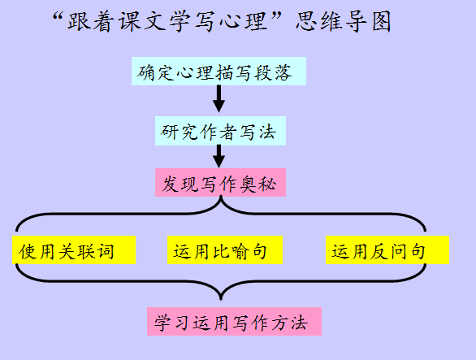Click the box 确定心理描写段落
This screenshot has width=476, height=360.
(219, 71)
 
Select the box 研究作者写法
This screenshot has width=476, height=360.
(220, 131)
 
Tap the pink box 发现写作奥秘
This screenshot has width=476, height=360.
(220, 182)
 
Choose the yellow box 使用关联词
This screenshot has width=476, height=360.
(74, 250)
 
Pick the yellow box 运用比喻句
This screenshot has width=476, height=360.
(225, 250)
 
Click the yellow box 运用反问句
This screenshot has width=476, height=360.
(387, 250)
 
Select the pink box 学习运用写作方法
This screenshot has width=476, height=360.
(235, 322)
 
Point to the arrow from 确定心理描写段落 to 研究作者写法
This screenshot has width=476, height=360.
(219, 98)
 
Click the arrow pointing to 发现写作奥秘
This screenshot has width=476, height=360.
(219, 156)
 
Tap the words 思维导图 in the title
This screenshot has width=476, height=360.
(344, 22)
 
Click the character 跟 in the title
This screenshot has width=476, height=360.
(79, 22)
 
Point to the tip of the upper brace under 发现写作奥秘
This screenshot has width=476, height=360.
(221, 197)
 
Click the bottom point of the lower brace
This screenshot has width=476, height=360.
(221, 300)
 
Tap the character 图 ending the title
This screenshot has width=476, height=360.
(381, 22)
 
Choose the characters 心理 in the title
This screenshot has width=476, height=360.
(244, 22)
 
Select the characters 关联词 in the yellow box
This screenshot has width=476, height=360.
(87, 252)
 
